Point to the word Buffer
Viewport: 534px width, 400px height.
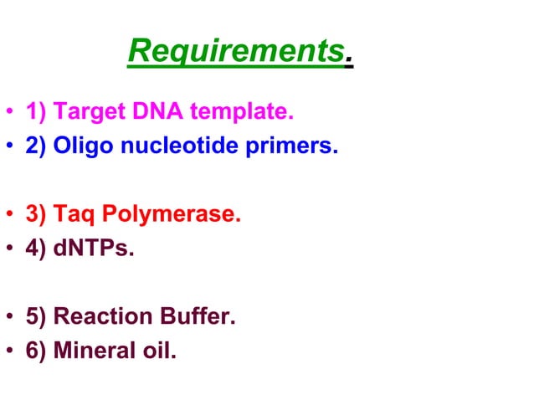coord(188,317)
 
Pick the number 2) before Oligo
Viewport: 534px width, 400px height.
coord(37,147)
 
